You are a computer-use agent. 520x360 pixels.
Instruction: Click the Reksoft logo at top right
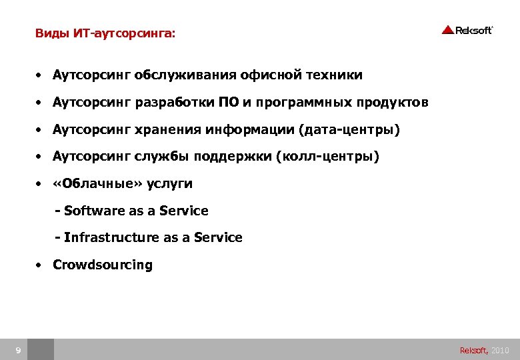[x=467, y=29]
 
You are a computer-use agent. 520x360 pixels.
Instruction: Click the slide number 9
[x=18, y=350]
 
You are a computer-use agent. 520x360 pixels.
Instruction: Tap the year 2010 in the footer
[x=500, y=350]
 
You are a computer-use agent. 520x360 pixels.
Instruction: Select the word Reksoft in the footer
[x=473, y=350]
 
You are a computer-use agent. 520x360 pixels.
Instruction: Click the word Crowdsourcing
[x=103, y=265]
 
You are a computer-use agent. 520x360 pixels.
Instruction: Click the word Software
[x=94, y=211]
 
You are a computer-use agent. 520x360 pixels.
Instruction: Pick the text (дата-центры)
[x=351, y=129]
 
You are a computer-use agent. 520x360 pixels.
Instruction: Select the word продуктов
[x=392, y=102]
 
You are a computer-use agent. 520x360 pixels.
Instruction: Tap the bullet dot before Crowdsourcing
[x=40, y=265]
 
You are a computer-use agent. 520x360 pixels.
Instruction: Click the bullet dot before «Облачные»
[x=40, y=184]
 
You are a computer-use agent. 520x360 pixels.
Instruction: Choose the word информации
[x=258, y=129]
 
